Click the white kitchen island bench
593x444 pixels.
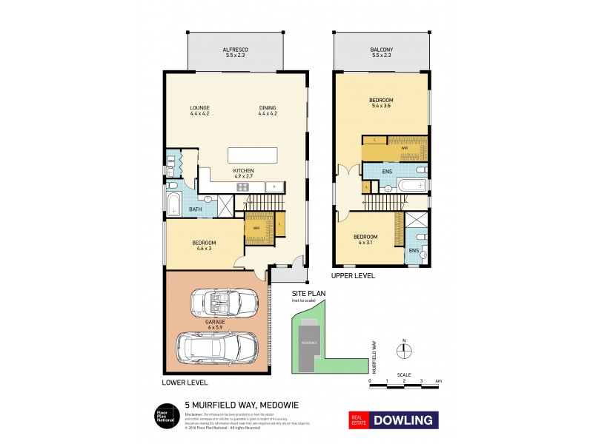pos(253,155)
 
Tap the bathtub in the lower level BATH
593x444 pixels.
pos(174,203)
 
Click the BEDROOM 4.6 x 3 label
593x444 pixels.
pos(204,246)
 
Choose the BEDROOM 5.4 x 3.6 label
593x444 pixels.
pos(381,102)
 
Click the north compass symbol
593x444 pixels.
pos(404,352)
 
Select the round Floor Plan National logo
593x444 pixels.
pos(164,416)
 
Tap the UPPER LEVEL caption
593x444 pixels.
pos(354,275)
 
